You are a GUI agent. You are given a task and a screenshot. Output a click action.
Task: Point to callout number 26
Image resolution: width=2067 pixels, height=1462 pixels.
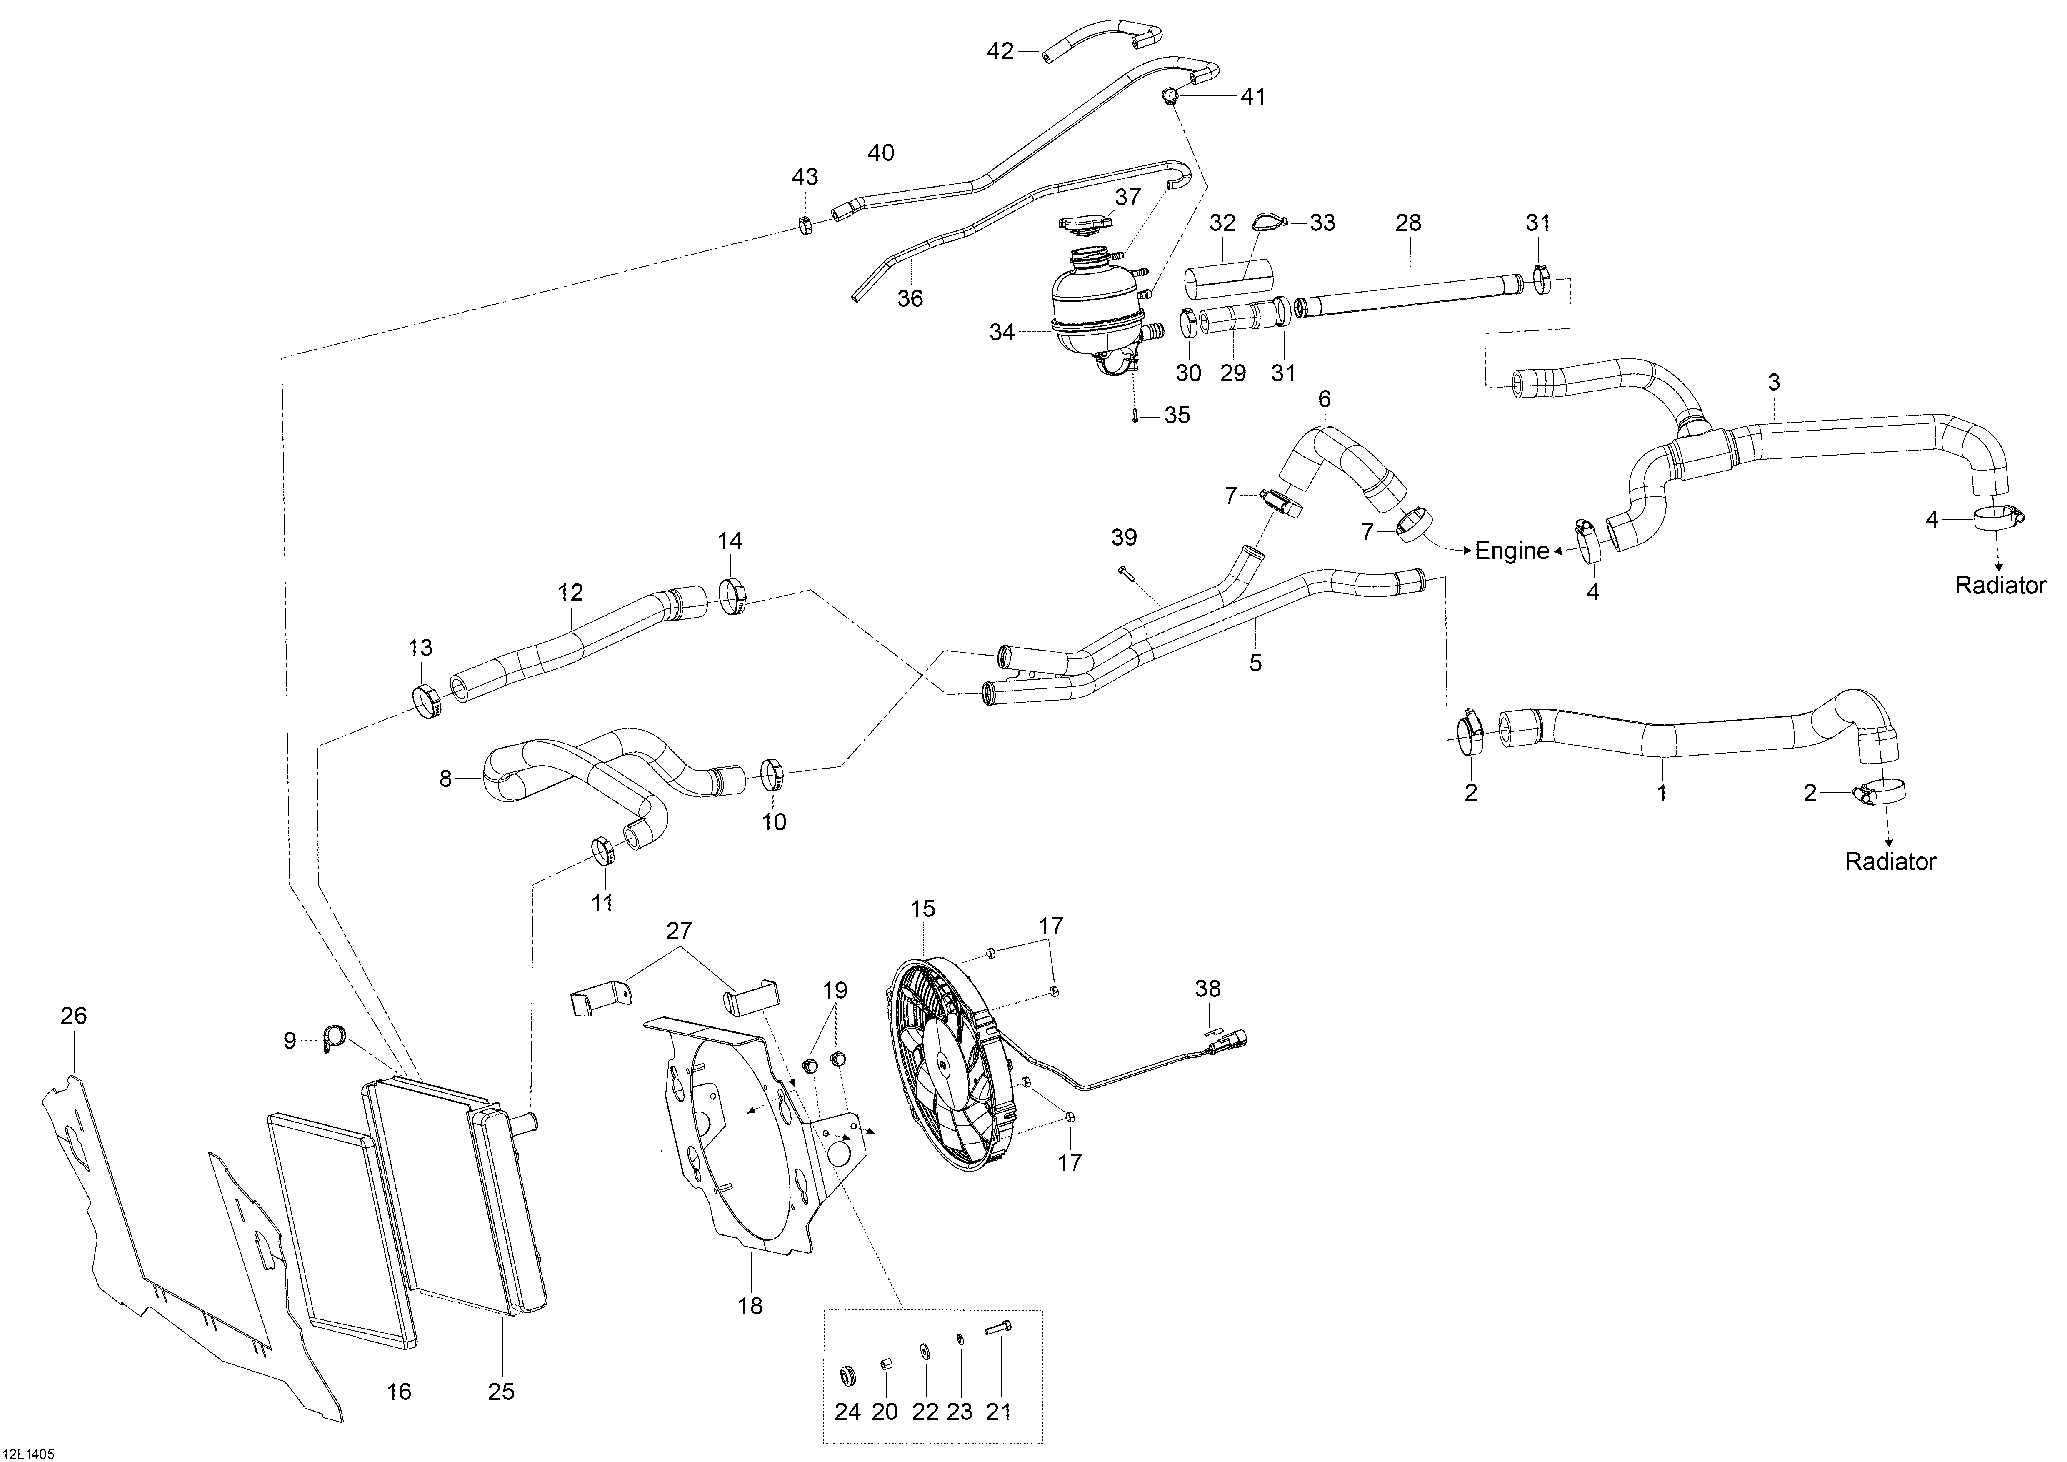pyautogui.click(x=74, y=1016)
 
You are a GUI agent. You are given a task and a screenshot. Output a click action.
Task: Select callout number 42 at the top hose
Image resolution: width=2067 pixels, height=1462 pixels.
pyautogui.click(x=1000, y=51)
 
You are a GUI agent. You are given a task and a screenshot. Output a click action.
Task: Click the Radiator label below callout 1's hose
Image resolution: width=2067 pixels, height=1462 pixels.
pyautogui.click(x=1891, y=861)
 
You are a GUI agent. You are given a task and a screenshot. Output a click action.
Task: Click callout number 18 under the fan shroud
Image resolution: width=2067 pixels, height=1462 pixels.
pyautogui.click(x=750, y=1305)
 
